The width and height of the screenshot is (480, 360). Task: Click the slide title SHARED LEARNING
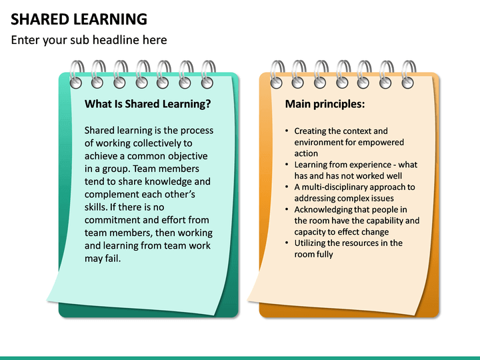[x=79, y=19]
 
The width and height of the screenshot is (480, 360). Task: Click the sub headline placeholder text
[x=89, y=40]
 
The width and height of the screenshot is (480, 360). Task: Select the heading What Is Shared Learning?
[x=148, y=104]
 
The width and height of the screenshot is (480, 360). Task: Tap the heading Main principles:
[x=325, y=104]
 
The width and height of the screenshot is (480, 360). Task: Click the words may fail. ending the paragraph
[x=103, y=259]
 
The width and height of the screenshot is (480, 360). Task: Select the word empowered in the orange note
[x=380, y=142]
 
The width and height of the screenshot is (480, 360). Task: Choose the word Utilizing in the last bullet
[x=311, y=243]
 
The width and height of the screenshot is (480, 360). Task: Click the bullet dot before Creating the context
[x=287, y=131]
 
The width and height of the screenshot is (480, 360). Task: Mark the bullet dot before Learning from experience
[x=287, y=165]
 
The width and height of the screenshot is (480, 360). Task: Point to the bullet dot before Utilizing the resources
[x=287, y=243]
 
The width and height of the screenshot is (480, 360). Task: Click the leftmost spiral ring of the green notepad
[x=77, y=71]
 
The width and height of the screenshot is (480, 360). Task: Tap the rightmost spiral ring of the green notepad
[x=209, y=71]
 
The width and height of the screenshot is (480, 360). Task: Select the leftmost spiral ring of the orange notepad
[x=277, y=71]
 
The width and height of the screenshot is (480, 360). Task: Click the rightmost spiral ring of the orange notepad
[x=409, y=71]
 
